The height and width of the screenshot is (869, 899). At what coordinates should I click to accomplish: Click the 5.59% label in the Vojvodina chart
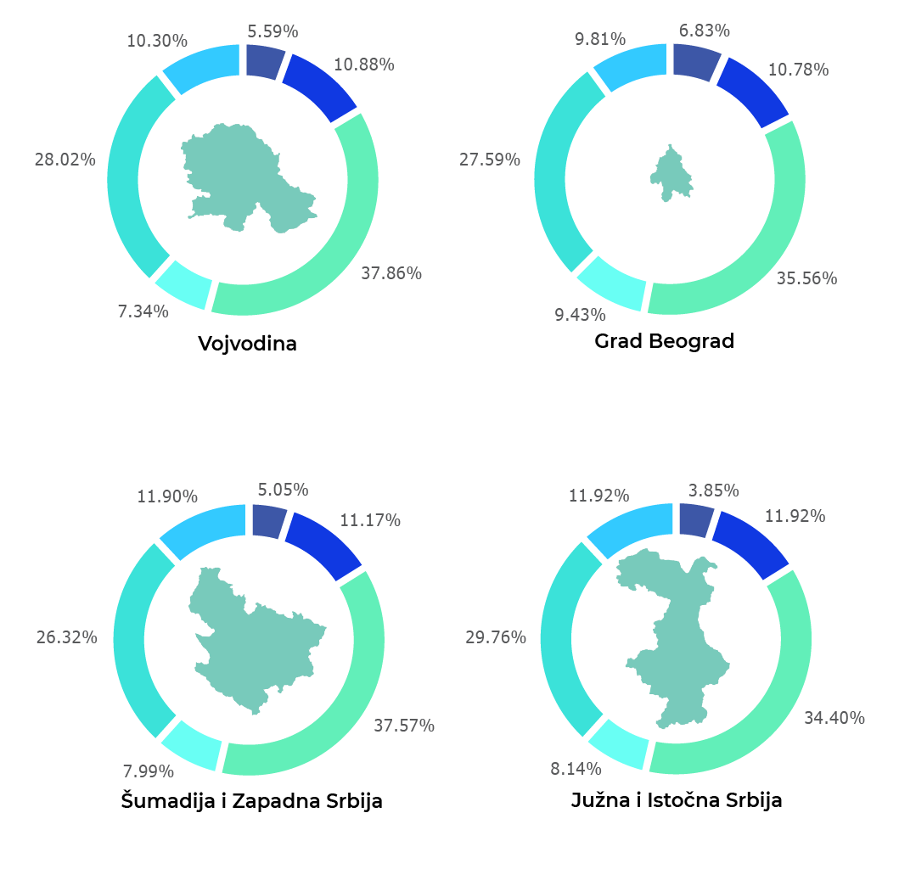click(x=273, y=31)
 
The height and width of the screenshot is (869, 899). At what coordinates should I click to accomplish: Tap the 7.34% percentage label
click(x=143, y=311)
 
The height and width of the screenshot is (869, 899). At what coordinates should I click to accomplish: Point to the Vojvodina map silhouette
click(x=246, y=178)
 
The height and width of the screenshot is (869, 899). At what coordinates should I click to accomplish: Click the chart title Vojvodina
click(x=247, y=344)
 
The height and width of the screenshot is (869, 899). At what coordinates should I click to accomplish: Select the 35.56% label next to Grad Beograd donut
click(x=806, y=278)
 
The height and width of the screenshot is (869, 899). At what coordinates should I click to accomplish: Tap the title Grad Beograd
click(x=664, y=341)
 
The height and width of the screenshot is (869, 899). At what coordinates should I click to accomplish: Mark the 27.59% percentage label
click(x=490, y=159)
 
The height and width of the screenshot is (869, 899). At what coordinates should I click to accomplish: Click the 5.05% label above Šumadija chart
click(x=283, y=490)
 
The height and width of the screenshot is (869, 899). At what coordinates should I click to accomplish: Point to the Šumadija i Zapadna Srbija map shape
click(x=255, y=641)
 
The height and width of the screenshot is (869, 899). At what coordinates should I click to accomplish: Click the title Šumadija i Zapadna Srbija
click(x=251, y=800)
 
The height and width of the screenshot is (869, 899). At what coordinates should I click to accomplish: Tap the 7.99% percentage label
click(x=149, y=771)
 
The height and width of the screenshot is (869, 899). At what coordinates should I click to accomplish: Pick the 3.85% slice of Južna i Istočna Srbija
click(x=695, y=519)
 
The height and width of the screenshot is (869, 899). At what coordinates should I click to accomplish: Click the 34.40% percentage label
click(x=834, y=718)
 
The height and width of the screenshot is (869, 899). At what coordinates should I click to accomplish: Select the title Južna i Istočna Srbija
click(x=676, y=800)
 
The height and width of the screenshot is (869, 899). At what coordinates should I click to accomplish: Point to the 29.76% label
click(x=496, y=637)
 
